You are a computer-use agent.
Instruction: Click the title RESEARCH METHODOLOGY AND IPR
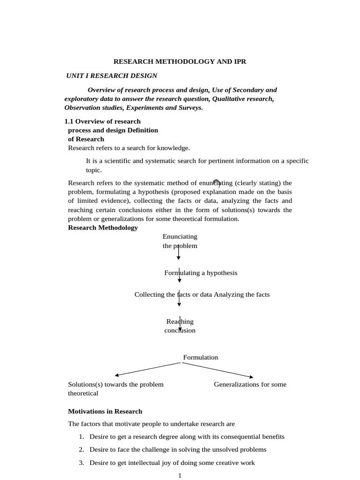tap(180, 61)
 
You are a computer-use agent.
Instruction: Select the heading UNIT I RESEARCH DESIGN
tap(112, 75)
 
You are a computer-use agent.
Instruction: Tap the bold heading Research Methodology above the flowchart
tap(103, 228)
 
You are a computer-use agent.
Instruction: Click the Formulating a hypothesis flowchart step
tap(201, 273)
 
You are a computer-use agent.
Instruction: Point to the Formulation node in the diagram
tap(200, 357)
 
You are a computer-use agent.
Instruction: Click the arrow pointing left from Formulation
tap(147, 369)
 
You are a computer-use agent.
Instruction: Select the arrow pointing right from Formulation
tap(218, 370)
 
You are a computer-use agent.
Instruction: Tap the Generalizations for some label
tap(250, 384)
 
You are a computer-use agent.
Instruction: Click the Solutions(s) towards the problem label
tap(116, 384)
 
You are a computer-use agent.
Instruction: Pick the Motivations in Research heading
tap(105, 412)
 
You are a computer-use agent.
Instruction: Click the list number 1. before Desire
tap(81, 437)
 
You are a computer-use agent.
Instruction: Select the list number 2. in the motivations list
tap(81, 450)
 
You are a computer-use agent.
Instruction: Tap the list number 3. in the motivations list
tap(81, 463)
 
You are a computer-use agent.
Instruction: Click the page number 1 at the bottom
tap(180, 475)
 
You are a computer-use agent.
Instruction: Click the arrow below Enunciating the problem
tap(178, 253)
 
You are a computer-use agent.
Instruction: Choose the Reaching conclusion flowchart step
tap(180, 326)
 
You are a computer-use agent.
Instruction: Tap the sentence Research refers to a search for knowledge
tap(129, 148)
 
